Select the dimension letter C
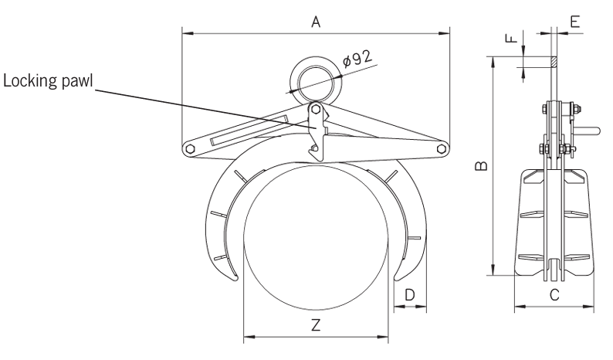tap(554, 294)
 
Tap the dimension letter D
tap(410, 294)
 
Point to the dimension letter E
tap(574, 22)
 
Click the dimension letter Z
tap(316, 325)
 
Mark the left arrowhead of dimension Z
tap(246, 337)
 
